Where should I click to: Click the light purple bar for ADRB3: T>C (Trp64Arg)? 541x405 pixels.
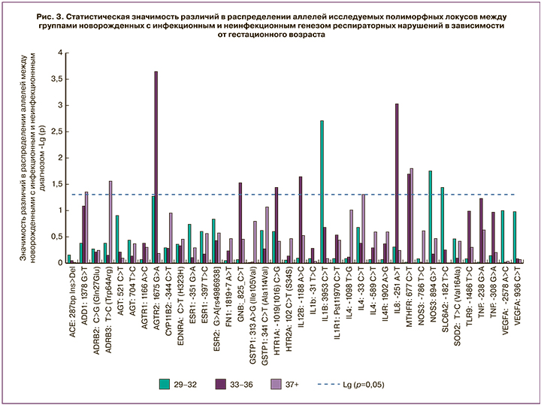pos(110,222)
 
